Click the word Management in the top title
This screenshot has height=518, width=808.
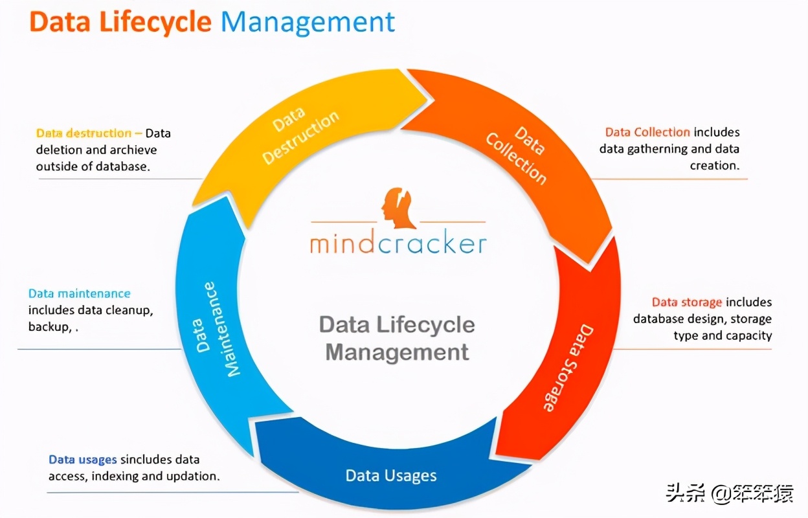(308, 22)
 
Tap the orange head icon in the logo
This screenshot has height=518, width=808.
(397, 208)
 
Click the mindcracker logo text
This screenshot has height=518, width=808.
(398, 243)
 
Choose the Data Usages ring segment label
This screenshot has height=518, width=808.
(391, 476)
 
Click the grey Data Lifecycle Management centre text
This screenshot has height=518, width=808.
(397, 338)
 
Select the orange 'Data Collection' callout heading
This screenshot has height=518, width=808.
(647, 132)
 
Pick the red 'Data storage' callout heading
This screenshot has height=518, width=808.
(686, 302)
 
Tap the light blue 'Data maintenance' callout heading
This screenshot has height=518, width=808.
(79, 293)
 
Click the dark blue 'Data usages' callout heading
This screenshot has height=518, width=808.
(82, 460)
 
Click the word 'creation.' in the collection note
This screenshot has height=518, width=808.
(714, 166)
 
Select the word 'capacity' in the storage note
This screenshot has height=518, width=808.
(748, 335)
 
